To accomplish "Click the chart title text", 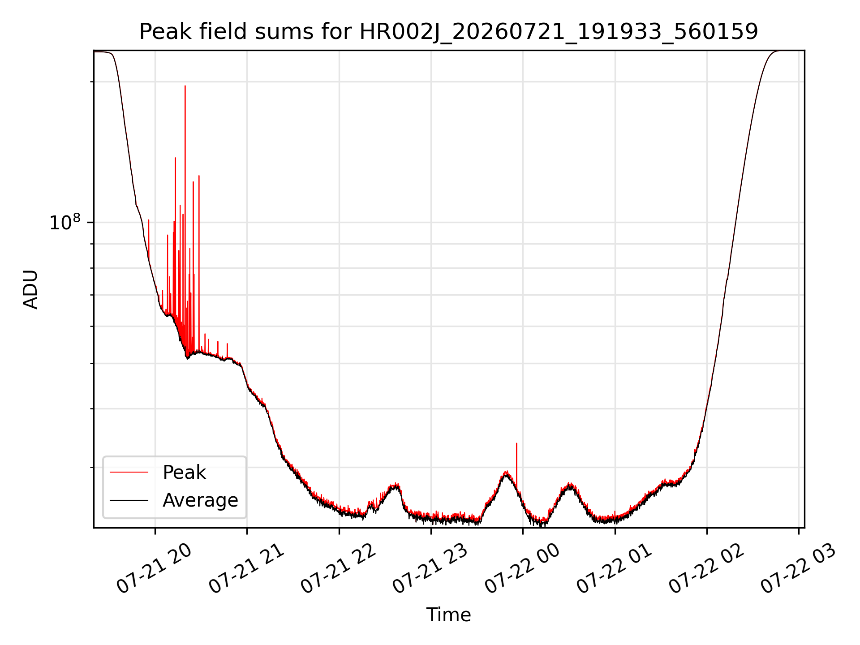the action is tap(448, 32).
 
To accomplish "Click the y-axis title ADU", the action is tap(30, 289).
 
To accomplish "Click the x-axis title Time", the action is tap(448, 615).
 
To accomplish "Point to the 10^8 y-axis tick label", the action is tap(65, 222).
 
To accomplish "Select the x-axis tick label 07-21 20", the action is tap(154, 569).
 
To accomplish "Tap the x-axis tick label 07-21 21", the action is tap(246, 569).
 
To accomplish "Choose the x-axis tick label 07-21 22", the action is tap(338, 569).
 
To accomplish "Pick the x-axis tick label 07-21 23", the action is tap(430, 569).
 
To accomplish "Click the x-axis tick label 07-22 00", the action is tap(522, 569).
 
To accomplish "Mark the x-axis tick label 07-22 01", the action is tap(614, 569).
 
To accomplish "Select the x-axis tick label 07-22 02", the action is tap(706, 569).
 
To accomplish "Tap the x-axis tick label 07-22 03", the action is tap(798, 569).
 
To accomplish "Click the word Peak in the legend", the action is tap(184, 473).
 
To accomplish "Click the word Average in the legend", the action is tap(200, 500).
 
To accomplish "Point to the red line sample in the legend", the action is tap(129, 472).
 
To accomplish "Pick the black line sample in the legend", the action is tap(129, 500).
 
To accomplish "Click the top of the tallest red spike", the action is tap(185, 86).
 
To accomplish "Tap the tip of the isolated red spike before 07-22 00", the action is tap(516, 443).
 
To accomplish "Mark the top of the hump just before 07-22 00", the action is tap(507, 472).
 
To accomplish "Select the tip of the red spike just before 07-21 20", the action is tap(149, 219).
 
